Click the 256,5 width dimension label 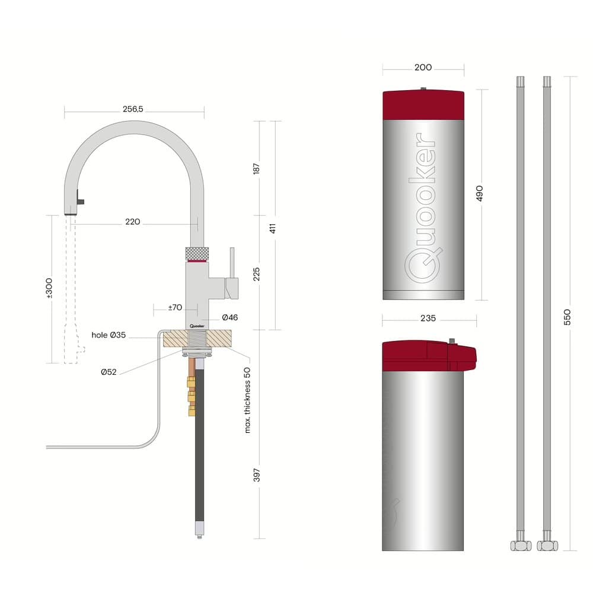point(133,109)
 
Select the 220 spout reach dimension point(132,222)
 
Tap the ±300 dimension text point(49,288)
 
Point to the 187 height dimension point(256,168)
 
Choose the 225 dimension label point(256,273)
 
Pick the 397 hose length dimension point(256,475)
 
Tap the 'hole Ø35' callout point(109,335)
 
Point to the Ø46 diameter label point(229,318)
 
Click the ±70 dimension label point(174,308)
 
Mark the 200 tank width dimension point(423,68)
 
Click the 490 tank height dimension point(479,194)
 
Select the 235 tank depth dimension point(428,318)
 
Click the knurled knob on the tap point(197,253)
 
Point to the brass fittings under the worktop point(192,394)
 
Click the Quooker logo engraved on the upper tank point(423,208)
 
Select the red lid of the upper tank point(423,104)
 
